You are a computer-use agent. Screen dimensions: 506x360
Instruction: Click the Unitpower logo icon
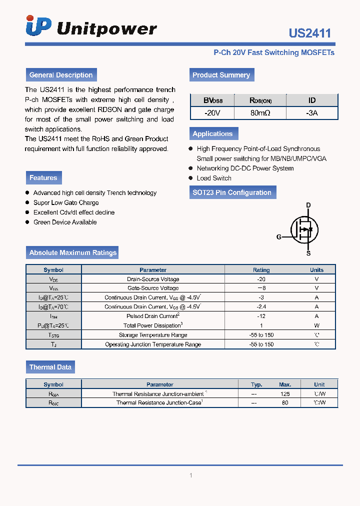point(38,26)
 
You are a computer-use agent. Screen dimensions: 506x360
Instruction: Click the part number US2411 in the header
point(309,33)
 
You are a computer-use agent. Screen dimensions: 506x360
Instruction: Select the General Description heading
point(61,75)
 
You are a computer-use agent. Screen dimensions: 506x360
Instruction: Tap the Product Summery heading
point(221,75)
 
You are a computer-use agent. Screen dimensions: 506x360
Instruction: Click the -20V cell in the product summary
point(212,113)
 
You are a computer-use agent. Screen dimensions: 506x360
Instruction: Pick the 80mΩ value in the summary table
point(260,113)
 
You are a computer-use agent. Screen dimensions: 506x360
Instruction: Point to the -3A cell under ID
point(311,113)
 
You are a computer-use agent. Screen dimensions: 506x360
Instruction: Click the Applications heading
point(212,133)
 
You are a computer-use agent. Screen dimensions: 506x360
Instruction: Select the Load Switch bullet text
point(214,178)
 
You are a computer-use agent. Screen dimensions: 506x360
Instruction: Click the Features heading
point(43,177)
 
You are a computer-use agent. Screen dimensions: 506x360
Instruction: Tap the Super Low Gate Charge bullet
point(66,202)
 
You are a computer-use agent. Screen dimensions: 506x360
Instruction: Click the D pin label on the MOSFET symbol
point(308,205)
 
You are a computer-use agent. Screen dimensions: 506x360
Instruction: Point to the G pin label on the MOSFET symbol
point(279,237)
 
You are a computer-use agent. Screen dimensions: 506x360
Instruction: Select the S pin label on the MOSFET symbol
point(308,253)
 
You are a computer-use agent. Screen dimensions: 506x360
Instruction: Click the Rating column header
point(261,269)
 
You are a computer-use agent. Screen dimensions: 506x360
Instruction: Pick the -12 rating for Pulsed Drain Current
point(261,316)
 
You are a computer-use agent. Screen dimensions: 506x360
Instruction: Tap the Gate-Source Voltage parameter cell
point(153,288)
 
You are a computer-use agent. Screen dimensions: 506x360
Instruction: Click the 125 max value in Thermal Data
point(285,393)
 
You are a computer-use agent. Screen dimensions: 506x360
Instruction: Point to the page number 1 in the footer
point(190,475)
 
